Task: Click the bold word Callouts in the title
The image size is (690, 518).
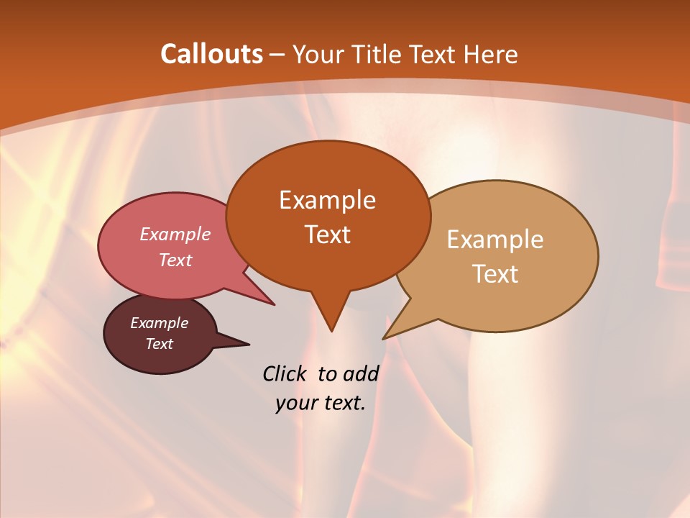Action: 211,54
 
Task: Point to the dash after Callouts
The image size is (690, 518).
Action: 277,55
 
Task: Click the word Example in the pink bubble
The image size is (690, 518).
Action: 175,234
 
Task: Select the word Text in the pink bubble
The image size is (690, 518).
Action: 175,260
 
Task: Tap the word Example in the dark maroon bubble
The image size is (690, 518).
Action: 159,323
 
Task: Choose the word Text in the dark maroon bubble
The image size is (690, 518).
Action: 159,344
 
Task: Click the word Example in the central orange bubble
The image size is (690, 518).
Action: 327,199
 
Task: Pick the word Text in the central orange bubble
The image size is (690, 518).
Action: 327,234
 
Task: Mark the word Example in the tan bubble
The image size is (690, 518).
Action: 495,239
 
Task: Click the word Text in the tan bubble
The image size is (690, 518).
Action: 495,273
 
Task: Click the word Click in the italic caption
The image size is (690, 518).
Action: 284,373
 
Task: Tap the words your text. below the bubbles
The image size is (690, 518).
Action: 321,403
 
